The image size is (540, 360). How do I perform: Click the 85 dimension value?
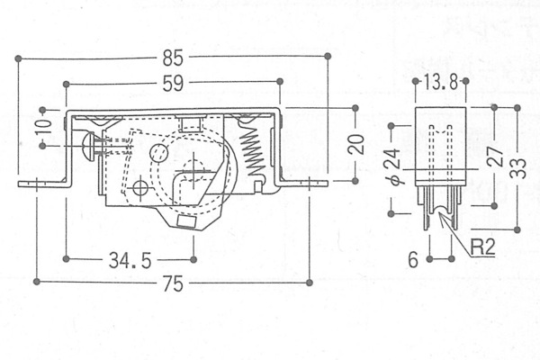click(x=173, y=58)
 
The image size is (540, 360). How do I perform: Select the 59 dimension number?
click(x=173, y=83)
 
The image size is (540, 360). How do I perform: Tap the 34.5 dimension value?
click(x=130, y=260)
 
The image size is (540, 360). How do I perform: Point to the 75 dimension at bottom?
click(x=173, y=283)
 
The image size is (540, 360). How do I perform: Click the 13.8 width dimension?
click(x=440, y=82)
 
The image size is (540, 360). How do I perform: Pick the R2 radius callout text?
click(x=482, y=247)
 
